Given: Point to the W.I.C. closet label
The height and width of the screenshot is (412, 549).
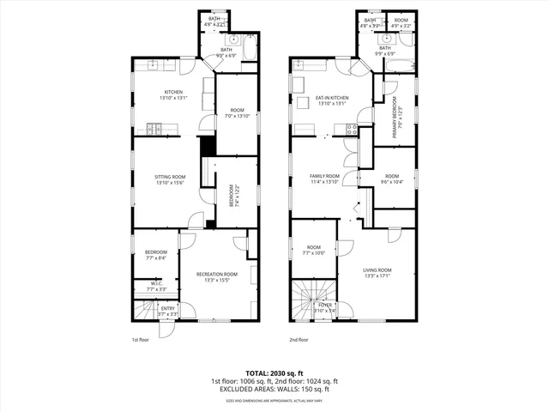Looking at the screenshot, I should (156, 283).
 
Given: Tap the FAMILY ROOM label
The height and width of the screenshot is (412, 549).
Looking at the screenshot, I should (325, 176).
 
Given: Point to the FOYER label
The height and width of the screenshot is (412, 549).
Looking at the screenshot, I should (325, 305).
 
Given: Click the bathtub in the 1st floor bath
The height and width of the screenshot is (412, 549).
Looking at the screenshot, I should (249, 51).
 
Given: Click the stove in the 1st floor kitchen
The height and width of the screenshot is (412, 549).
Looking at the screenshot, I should (154, 130).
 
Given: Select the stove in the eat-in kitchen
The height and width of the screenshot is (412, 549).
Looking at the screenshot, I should (350, 130).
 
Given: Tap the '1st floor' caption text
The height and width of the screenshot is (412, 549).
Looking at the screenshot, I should (141, 340).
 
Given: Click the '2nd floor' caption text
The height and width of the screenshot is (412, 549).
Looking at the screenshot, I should (299, 340).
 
